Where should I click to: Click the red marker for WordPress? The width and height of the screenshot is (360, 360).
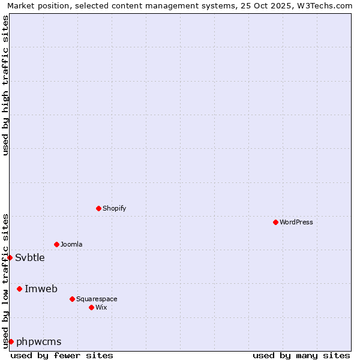coord(275,222)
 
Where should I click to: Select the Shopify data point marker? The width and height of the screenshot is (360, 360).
coord(98,208)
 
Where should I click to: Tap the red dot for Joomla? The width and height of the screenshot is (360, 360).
coord(56,244)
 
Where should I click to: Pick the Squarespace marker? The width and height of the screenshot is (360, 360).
coord(72,299)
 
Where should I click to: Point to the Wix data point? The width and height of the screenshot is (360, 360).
coord(91,307)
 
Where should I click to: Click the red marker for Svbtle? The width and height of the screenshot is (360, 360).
coord(10,257)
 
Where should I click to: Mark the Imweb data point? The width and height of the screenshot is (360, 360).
coord(19,289)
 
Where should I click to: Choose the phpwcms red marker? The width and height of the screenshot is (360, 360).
coord(11,341)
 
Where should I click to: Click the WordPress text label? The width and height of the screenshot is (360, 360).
coord(296,222)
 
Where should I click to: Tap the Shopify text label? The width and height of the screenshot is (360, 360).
coord(114,208)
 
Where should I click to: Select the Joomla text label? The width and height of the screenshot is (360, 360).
coord(71,244)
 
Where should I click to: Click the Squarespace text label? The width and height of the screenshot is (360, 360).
coord(97,299)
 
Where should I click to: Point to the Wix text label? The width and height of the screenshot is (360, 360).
coord(101,307)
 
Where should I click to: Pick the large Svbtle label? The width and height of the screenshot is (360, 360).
coord(30,257)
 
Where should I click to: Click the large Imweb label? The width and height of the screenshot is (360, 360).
coord(41,289)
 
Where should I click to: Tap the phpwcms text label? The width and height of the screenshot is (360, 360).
coord(39,341)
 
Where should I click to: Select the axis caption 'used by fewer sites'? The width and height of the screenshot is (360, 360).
coord(62,355)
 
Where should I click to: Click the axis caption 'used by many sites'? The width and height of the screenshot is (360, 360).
coord(301,355)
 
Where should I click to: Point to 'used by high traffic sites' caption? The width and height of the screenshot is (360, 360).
coord(5,85)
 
